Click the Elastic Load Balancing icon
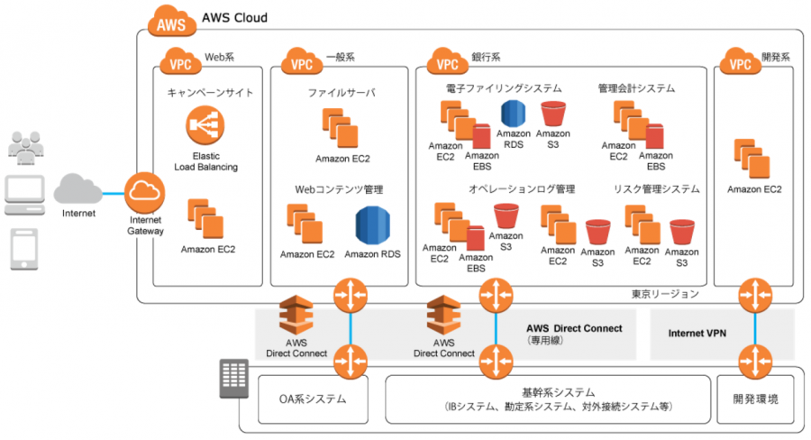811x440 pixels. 205,125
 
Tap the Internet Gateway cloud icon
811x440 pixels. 145,193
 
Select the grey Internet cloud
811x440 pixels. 78,189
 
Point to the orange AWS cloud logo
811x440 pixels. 172,22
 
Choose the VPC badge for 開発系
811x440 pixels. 740,61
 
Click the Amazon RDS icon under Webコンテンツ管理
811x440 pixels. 372,225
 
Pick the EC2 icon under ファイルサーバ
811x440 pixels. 341,128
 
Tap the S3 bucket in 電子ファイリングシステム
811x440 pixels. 553,114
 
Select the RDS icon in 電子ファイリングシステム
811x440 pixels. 513,114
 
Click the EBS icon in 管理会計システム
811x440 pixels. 654,136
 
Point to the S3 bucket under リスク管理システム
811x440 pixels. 682,232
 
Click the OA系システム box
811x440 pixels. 313,399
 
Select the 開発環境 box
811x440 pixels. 755,399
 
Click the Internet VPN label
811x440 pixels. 697,334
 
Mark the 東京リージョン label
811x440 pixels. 665,294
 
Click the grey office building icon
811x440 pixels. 233,379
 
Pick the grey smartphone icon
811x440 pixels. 24,250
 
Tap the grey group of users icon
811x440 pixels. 26,148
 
